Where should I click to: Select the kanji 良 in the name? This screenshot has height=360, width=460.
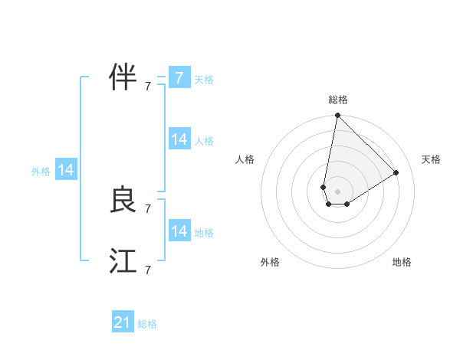coord(123,200)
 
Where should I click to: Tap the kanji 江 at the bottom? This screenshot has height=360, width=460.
coord(123,261)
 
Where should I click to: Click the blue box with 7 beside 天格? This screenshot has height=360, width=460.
coord(179,77)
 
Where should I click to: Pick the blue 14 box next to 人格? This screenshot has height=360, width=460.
coord(179,139)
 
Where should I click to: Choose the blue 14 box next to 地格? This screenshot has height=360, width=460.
coord(179,231)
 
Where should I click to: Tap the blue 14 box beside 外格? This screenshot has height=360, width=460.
coord(66,171)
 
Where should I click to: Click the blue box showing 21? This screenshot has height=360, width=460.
coord(123,322)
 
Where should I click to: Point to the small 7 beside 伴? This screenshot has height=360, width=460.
coord(147,86)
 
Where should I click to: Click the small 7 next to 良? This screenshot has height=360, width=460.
coord(147,208)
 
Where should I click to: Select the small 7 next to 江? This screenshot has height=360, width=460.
coord(147,270)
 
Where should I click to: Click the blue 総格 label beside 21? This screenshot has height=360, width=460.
coord(147,324)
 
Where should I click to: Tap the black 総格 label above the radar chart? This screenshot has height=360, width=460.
coord(338,100)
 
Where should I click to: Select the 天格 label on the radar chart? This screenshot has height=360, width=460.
coord(431,159)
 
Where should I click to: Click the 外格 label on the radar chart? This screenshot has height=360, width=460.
coord(270,262)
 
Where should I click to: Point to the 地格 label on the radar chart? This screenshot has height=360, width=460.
coord(402,262)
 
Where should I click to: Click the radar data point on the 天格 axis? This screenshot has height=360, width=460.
coord(396,172)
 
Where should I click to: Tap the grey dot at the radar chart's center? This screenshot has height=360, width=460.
coord(338,191)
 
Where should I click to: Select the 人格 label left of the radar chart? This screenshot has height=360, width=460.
coord(245,159)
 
